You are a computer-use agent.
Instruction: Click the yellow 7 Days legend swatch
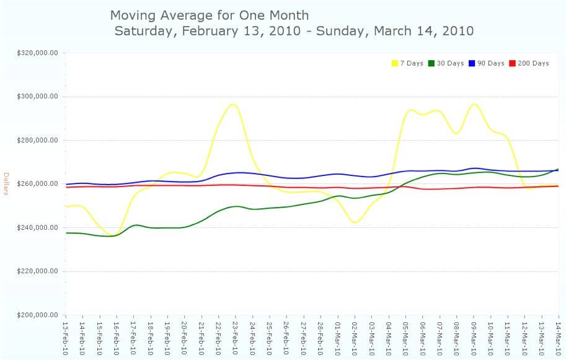tap(394, 63)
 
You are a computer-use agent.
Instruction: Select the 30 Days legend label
tap(450, 63)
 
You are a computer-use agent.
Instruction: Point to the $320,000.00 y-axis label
tap(37, 53)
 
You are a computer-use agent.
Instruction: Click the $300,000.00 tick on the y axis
tap(37, 97)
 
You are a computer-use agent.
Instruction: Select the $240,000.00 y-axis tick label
tap(37, 227)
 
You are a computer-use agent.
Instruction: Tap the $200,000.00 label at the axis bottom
tap(37, 315)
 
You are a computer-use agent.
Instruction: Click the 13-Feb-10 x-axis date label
tap(65, 337)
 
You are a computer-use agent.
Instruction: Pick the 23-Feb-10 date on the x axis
tap(235, 337)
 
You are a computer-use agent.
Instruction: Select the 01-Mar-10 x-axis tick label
tap(337, 337)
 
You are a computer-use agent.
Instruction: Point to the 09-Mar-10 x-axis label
tap(474, 337)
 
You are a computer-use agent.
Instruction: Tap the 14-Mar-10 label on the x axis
tap(559, 337)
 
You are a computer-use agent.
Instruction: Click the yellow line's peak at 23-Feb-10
tap(233, 104)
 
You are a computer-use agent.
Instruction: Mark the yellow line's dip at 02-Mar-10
tap(355, 222)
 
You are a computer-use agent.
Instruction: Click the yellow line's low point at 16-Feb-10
tap(113, 236)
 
